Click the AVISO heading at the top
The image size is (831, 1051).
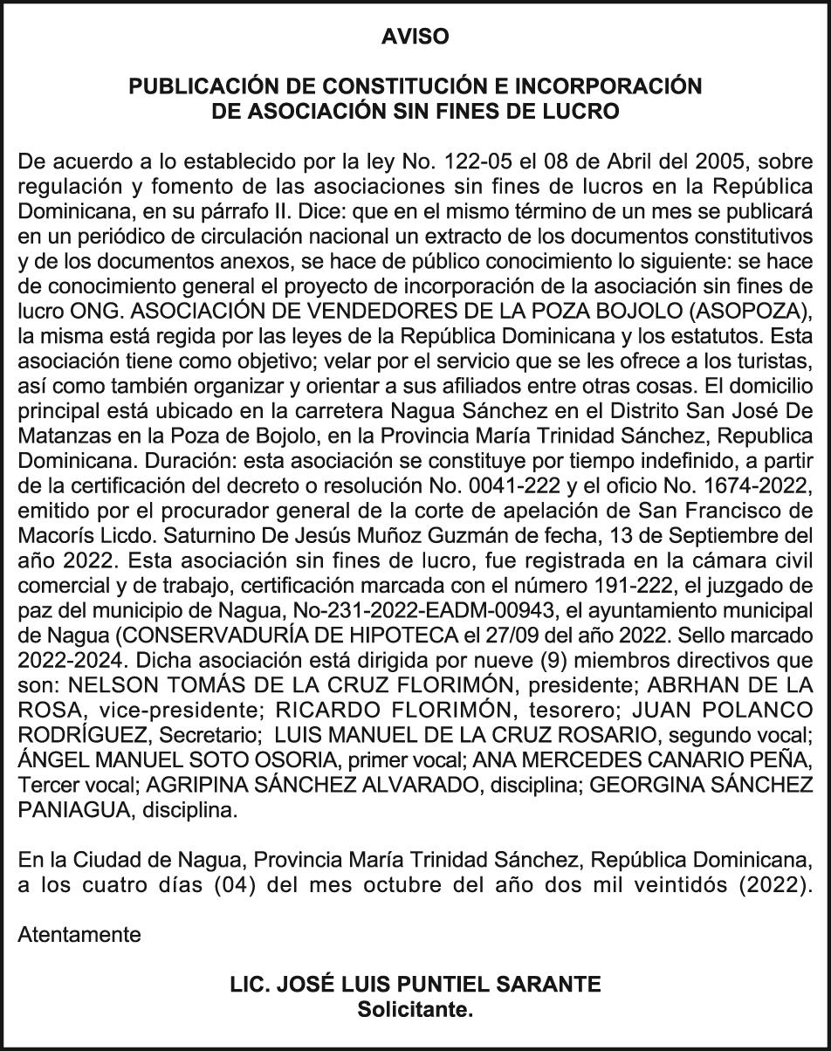(x=415, y=37)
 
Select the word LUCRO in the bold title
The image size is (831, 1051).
(x=586, y=112)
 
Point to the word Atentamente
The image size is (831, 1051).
(x=79, y=935)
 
